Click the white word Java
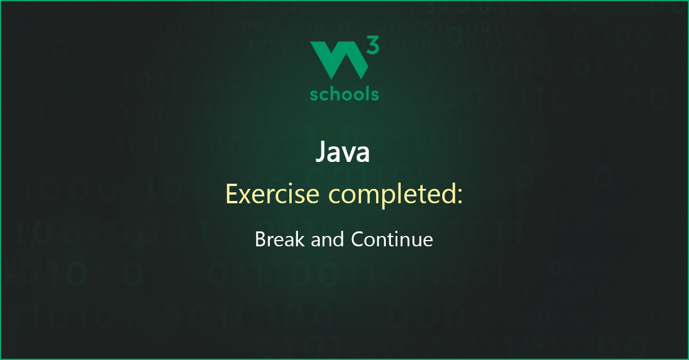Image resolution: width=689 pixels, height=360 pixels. pos(343,152)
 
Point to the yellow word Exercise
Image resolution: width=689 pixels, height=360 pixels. pos(273,194)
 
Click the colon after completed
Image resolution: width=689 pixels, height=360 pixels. pos(460,197)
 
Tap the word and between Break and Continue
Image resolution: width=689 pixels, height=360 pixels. pos(327,239)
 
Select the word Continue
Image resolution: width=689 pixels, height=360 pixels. pos(392,239)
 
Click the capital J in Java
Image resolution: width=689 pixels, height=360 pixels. pos(321,152)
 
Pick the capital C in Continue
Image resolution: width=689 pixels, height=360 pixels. pos(358,239)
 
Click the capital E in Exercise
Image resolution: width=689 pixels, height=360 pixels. pos(231,194)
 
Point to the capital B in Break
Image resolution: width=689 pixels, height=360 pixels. pos(260,239)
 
